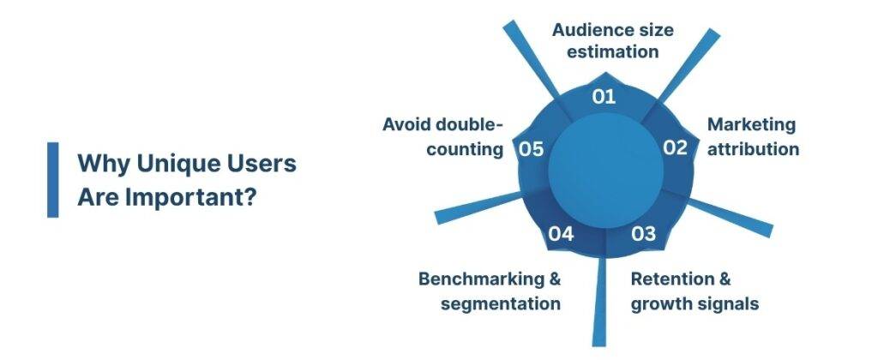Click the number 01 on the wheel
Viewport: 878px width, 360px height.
point(604,96)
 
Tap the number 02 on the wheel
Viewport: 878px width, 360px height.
point(676,147)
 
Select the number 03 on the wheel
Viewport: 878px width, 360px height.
point(644,233)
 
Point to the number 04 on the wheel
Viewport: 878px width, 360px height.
point(561,233)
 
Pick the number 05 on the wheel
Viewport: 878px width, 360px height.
point(532,149)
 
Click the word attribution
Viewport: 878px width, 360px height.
point(753,148)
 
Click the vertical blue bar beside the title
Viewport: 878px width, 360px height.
point(53,179)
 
